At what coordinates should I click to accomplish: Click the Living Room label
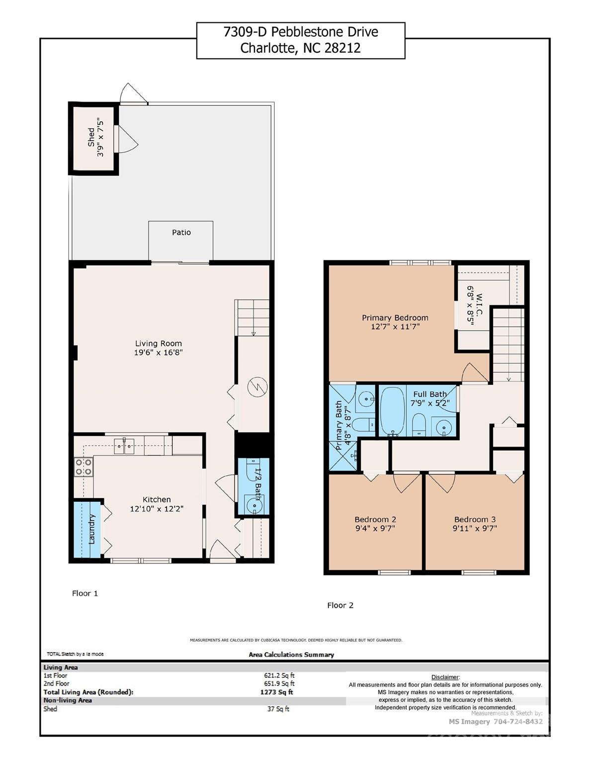point(159,343)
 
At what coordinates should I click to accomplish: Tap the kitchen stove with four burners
point(83,467)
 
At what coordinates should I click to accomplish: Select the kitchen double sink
point(124,446)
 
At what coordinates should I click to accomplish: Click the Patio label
point(181,232)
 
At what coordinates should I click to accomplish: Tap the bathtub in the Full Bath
point(393,411)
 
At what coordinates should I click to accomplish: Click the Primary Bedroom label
point(395,318)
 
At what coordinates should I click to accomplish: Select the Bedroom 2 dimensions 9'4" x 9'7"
point(375,529)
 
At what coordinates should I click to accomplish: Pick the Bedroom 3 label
point(475,519)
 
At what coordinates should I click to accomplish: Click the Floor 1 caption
point(85,593)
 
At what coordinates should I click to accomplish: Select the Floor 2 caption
point(340,605)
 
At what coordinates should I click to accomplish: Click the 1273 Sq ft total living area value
point(276,692)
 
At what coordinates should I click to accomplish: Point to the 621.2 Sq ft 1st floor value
point(279,675)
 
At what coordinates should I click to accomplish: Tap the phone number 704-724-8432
point(518,721)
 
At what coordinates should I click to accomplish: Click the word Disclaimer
point(445,677)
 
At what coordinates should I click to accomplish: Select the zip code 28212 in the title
point(342,48)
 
